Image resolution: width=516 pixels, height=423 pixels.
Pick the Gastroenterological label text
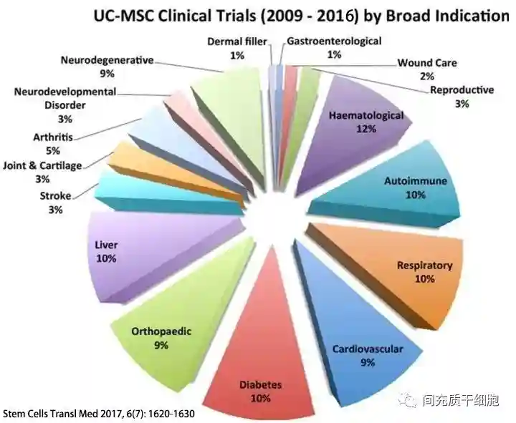point(333,42)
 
